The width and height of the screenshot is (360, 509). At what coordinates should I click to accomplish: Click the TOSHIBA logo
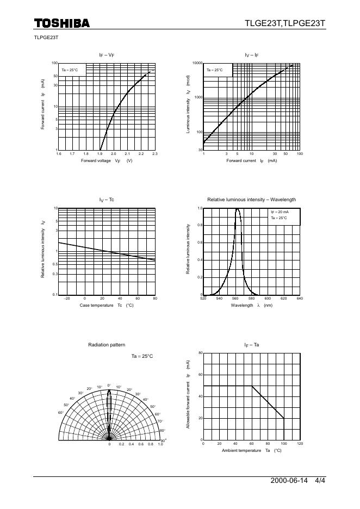coord(61,23)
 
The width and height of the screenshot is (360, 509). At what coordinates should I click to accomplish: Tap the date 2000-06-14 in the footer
coord(289,481)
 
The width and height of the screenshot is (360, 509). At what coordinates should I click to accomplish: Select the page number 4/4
coord(320,481)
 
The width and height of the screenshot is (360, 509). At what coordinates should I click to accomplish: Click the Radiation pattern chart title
coord(107,345)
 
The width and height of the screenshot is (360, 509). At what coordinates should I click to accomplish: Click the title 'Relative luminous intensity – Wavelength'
coord(252,200)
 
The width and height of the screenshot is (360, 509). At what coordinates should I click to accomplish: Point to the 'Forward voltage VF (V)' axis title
coord(107,161)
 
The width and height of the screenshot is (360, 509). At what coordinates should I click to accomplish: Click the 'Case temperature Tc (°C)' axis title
coord(107,306)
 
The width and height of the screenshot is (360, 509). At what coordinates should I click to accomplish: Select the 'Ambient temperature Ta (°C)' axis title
coord(252,451)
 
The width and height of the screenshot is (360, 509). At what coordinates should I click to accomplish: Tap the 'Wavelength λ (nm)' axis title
coord(252,306)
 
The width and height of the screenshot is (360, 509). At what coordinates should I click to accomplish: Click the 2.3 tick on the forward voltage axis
coord(155,154)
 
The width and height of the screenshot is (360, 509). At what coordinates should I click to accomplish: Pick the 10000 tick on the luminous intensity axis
coord(197,63)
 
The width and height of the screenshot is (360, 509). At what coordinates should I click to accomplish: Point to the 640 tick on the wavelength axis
coord(300,299)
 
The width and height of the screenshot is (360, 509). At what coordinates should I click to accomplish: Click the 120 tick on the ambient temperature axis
coord(300,444)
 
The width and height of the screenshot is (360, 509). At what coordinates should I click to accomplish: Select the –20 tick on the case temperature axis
coord(67,299)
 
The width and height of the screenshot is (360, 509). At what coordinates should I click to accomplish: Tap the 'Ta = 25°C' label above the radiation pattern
coord(142,356)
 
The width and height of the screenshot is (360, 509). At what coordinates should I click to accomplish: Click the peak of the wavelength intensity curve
coord(237,209)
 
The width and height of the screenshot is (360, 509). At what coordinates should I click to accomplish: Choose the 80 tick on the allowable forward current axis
coord(200,353)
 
